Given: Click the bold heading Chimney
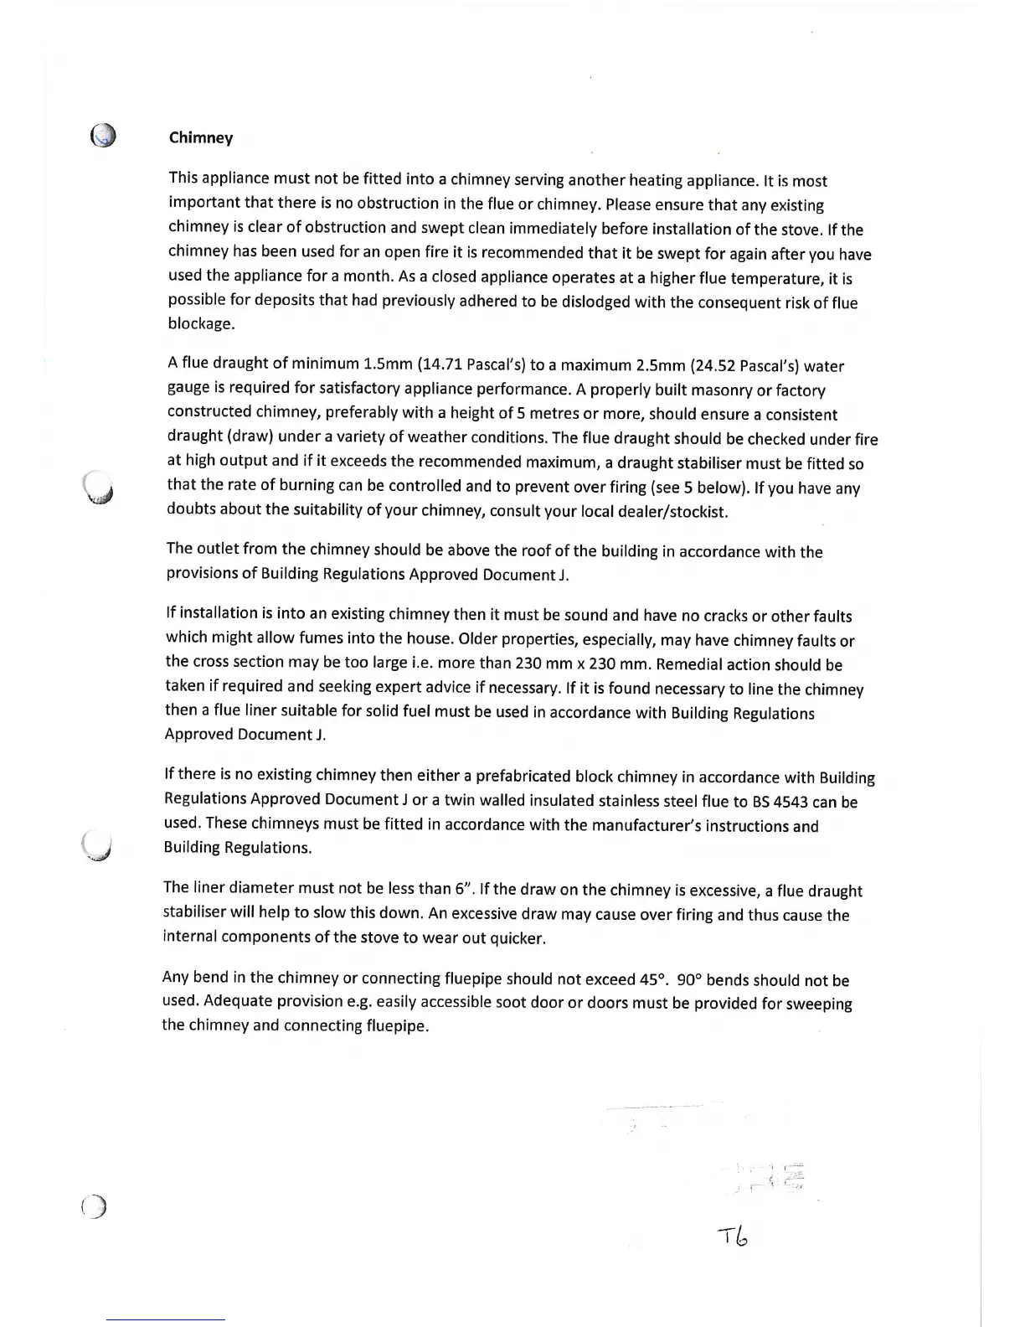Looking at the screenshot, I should [201, 137].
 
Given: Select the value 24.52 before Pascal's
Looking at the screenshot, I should [713, 365].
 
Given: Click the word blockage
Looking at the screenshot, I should [201, 324].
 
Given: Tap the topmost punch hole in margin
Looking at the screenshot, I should [103, 136].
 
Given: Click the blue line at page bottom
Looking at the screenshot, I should [166, 1320].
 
